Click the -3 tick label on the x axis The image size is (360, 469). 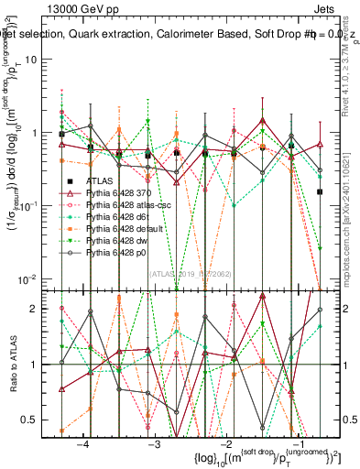(154, 443)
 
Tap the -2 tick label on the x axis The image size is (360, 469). (225, 443)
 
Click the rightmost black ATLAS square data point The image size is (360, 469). (320, 191)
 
